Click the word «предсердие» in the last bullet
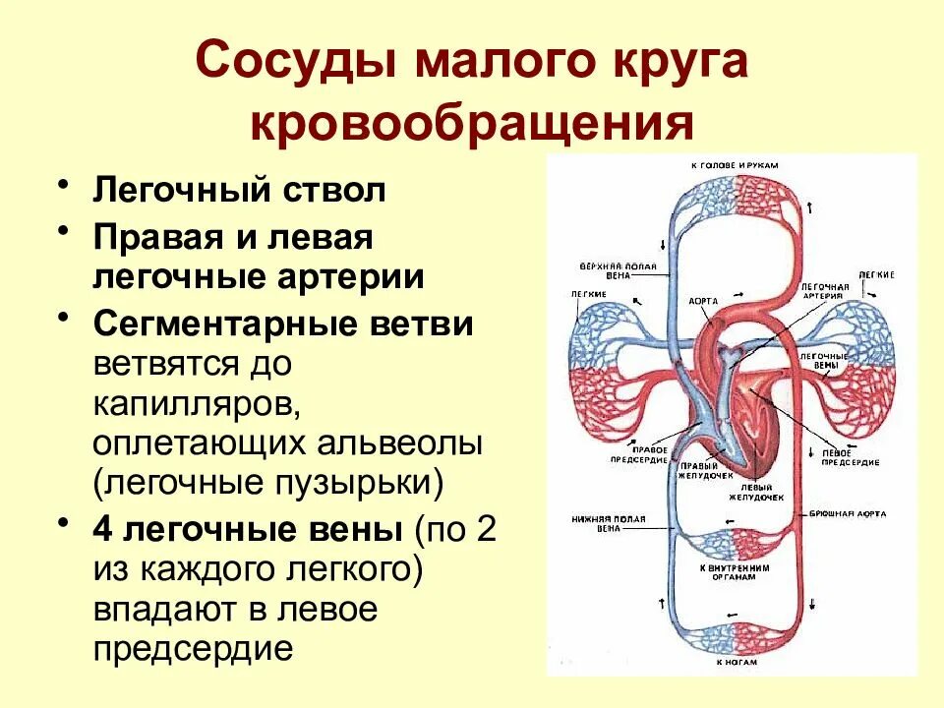tap(194, 649)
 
